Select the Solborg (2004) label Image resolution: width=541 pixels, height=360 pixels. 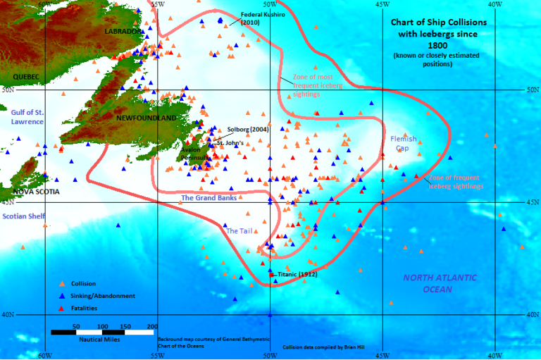point(249,130)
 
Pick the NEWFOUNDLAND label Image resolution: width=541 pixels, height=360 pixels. point(147,118)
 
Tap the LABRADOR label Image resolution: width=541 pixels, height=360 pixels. point(122,32)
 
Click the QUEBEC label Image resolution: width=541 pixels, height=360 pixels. point(25,76)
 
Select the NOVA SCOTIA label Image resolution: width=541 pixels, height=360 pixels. point(36,191)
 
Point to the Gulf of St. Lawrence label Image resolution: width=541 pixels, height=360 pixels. point(27,116)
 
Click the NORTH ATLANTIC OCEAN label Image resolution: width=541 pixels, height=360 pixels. point(440,283)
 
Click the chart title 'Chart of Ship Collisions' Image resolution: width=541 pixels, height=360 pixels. point(438,22)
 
